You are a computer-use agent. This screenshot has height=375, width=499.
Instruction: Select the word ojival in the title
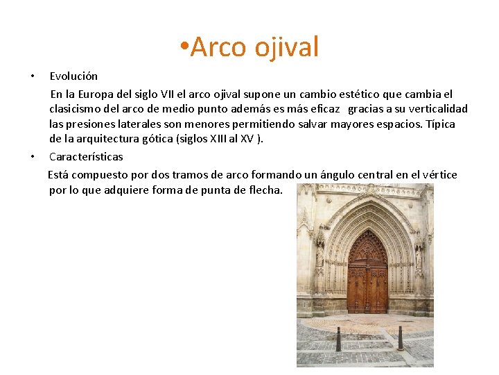click(x=286, y=47)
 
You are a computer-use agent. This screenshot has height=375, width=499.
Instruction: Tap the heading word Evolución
click(x=73, y=76)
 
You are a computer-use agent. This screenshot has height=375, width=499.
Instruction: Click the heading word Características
click(x=86, y=157)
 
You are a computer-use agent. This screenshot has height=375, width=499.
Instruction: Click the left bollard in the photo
click(x=338, y=339)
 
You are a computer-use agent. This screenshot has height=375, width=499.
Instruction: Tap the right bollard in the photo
click(x=400, y=338)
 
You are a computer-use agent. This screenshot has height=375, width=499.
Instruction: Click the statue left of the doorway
click(x=319, y=253)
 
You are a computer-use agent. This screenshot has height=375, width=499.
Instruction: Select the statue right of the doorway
click(x=419, y=256)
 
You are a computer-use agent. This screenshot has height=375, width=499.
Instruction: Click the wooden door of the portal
click(x=367, y=278)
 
